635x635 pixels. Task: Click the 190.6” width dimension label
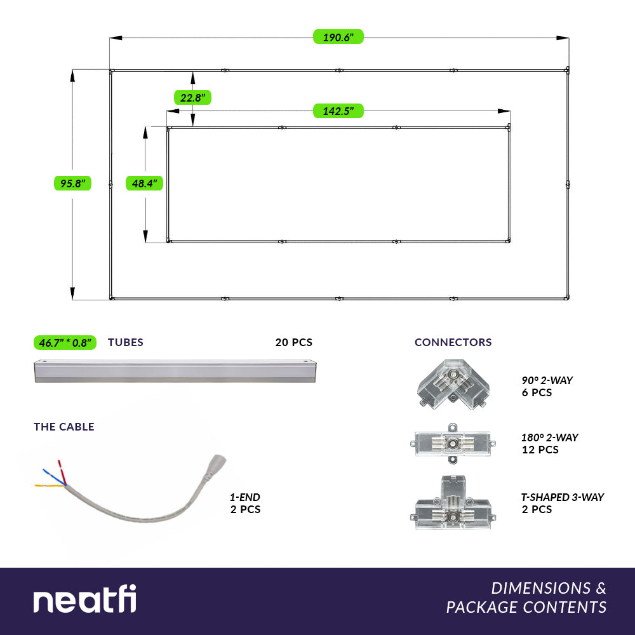338,37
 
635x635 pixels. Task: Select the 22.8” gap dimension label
192,98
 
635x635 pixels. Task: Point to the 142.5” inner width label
338,111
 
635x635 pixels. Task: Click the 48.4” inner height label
145,184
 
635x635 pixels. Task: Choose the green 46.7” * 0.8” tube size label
65,343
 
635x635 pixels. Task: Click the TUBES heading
126,343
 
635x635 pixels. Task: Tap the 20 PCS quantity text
293,343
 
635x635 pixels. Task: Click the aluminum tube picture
175,371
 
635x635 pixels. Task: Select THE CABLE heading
64,427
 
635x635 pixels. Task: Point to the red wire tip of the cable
60,463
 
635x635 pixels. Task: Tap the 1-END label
245,498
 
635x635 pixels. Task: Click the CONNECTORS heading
453,343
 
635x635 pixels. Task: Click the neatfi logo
84,599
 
